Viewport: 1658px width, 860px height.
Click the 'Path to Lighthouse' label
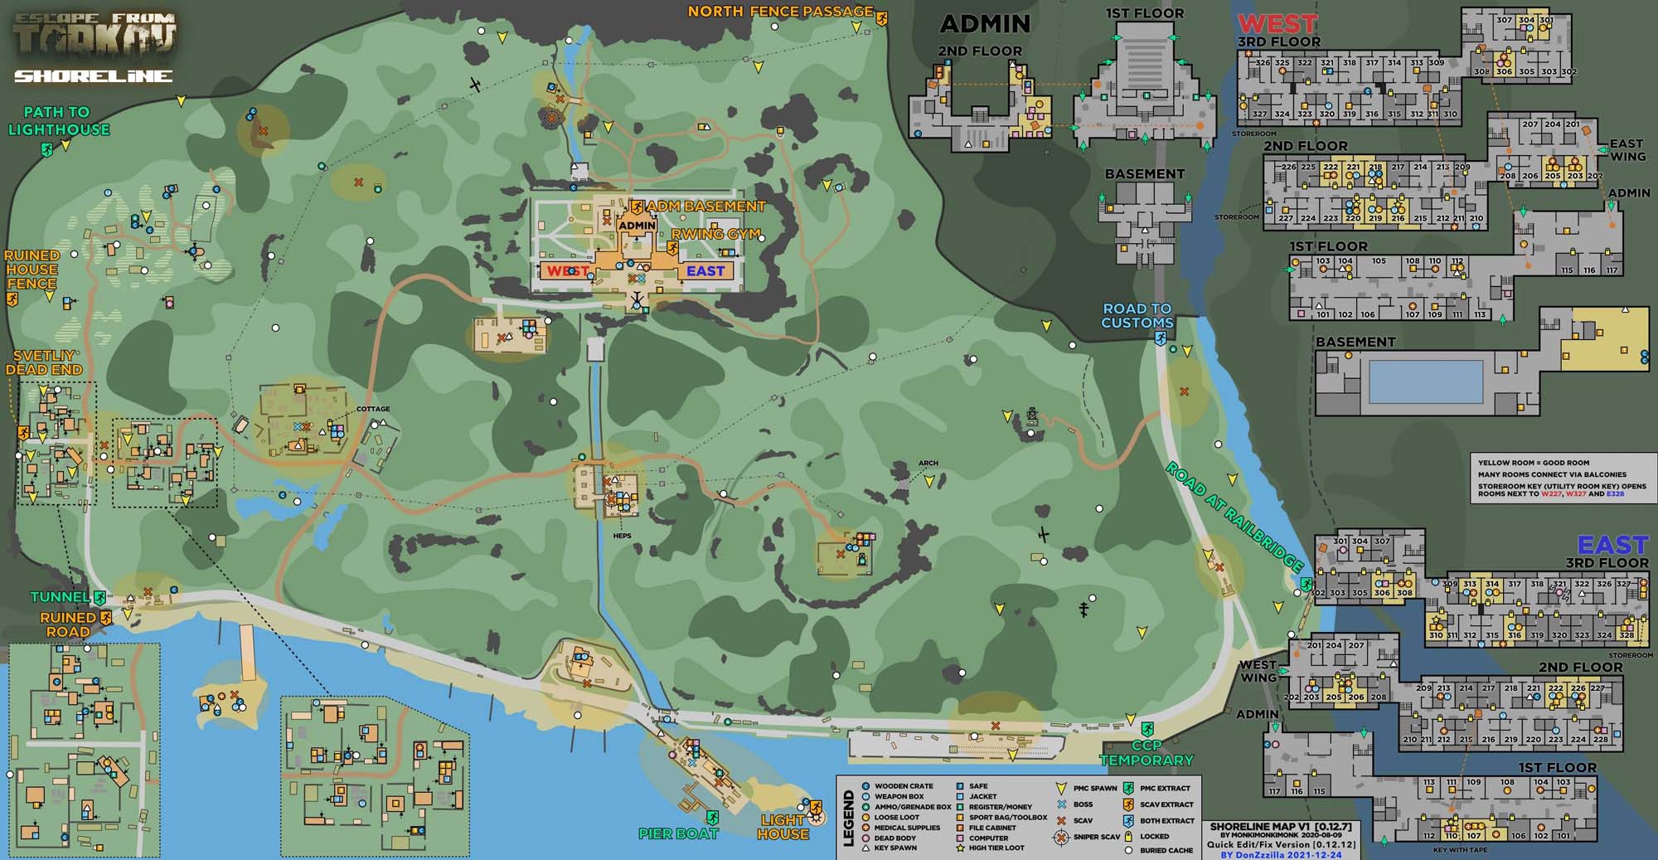click(58, 121)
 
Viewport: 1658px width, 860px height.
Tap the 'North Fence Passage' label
click(780, 12)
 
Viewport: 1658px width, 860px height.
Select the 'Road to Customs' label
click(1137, 316)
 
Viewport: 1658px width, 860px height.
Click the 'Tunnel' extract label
click(60, 597)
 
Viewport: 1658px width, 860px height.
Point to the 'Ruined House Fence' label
click(32, 270)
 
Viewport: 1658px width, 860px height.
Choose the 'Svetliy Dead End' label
click(44, 363)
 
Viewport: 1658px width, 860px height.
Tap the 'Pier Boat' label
click(677, 834)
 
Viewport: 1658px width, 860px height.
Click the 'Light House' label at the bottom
click(783, 827)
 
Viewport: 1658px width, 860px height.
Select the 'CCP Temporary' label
click(1146, 753)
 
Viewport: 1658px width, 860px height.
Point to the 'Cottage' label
click(372, 409)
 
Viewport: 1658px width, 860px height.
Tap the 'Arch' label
click(928, 464)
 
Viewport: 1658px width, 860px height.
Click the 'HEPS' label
click(622, 536)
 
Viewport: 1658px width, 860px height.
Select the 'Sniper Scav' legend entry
click(1096, 837)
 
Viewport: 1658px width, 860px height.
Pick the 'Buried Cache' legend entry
click(1166, 850)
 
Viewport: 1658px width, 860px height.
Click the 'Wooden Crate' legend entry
click(903, 786)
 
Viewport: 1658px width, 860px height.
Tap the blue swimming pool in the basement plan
click(1426, 382)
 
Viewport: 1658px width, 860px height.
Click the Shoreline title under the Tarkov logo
click(93, 76)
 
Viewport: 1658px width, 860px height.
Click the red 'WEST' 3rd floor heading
click(1277, 24)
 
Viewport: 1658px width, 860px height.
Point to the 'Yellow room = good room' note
click(1533, 463)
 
